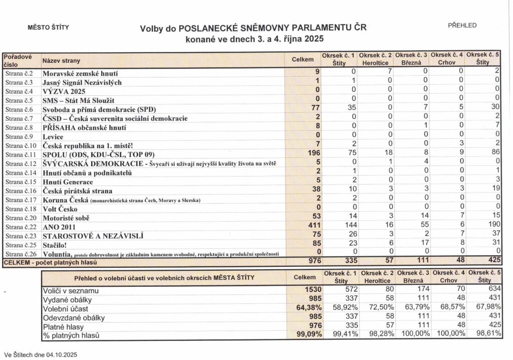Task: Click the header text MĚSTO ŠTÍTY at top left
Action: (x=48, y=28)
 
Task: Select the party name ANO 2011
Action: (x=59, y=227)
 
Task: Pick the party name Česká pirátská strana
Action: (x=77, y=191)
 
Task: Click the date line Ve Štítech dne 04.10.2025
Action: (x=40, y=354)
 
